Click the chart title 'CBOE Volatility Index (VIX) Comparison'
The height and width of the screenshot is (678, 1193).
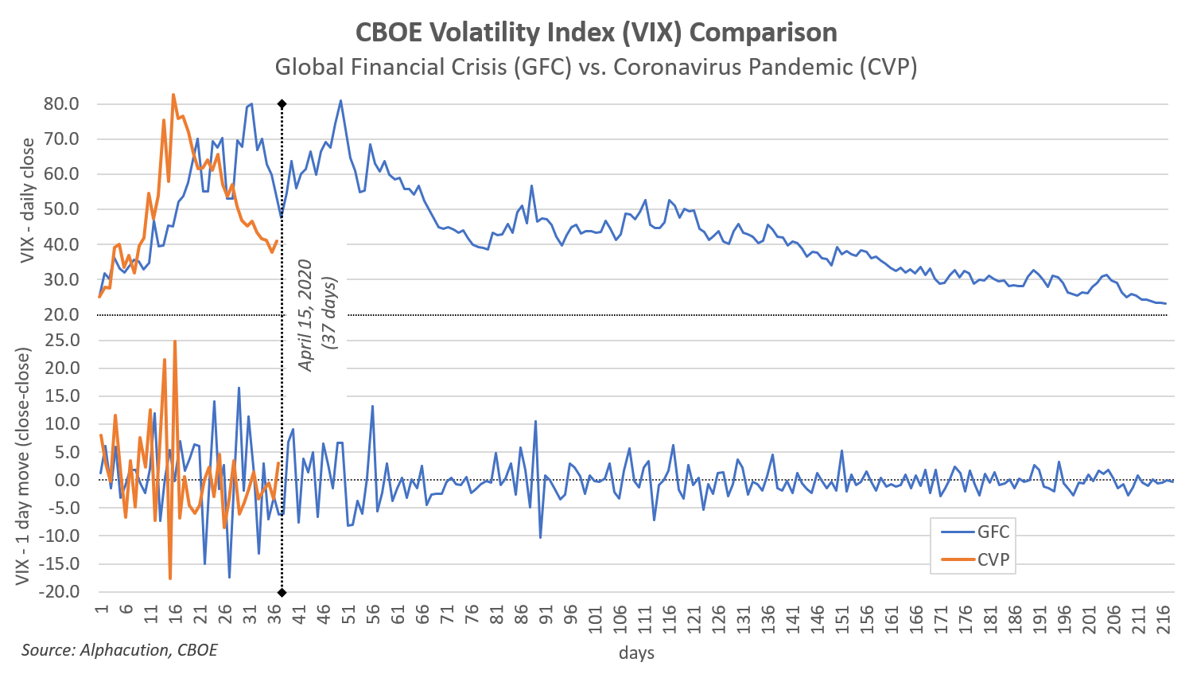596,33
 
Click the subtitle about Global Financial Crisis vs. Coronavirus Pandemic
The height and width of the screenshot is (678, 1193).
596,67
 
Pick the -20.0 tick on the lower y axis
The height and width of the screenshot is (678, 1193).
60,592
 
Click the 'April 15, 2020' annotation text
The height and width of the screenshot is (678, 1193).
305,315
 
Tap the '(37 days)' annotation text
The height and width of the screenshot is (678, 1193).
329,312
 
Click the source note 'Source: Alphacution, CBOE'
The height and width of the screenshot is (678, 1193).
119,650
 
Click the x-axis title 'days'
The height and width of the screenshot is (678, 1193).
636,653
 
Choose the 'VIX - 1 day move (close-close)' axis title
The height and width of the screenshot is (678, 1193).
24,466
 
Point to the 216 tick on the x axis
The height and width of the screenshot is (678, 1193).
1163,619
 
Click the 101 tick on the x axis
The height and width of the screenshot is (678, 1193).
596,619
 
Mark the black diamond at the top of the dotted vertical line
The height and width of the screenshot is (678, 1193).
282,104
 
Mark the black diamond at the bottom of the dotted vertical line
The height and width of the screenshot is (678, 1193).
282,592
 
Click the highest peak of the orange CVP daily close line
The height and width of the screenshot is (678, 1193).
173,95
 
